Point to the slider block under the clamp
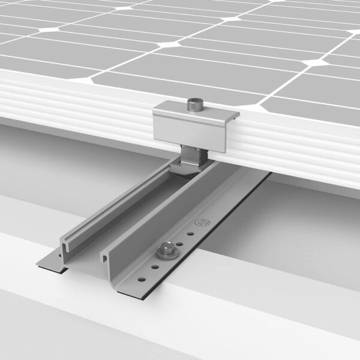(195, 157)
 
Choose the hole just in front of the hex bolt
(155, 265)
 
